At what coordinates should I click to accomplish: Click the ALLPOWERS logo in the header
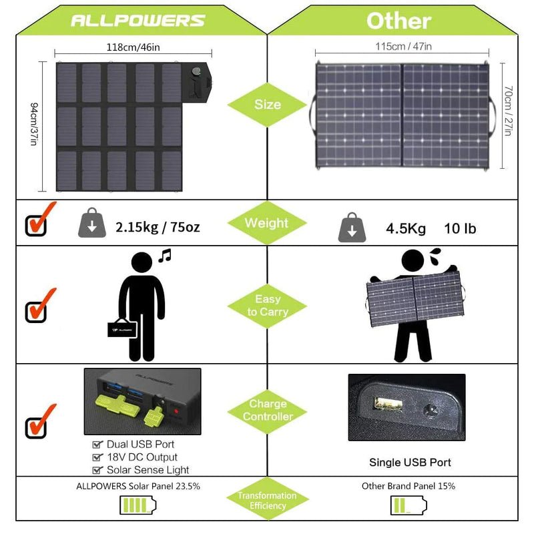coord(138,20)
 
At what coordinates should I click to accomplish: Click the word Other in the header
coord(398,20)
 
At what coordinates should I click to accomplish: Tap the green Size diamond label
coord(267,105)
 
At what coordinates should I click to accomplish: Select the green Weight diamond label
coord(267,223)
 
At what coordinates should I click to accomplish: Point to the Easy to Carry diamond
coord(267,306)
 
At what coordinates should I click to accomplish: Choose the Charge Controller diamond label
coord(267,411)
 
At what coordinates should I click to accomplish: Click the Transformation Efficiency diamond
coord(267,501)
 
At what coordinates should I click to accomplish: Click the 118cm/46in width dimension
coord(133,47)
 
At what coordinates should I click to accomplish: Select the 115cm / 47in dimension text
coord(403,46)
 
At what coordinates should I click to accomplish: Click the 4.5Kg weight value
coord(405,228)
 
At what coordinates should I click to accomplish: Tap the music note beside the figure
coord(165,255)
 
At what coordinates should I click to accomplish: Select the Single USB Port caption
coord(410,462)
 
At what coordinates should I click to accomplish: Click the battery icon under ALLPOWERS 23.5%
coord(138,506)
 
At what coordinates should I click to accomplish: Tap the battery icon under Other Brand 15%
coord(408,506)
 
